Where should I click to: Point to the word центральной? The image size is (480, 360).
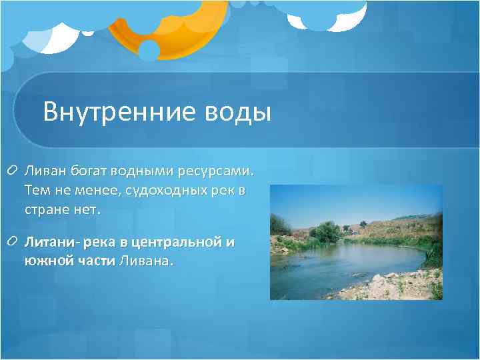[179, 243]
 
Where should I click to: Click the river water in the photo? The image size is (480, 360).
[333, 267]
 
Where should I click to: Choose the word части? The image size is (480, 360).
[96, 261]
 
